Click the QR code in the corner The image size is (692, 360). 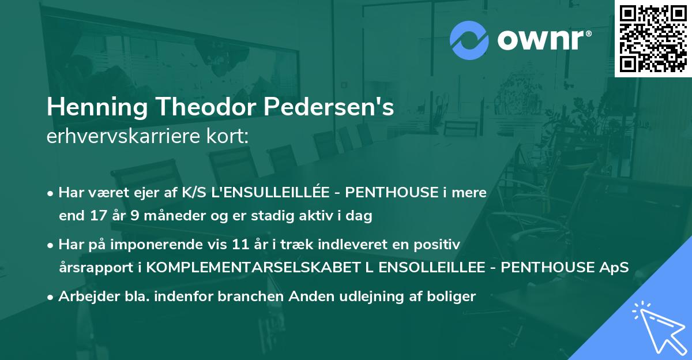[x=653, y=39]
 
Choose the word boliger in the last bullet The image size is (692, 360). [x=453, y=297]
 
